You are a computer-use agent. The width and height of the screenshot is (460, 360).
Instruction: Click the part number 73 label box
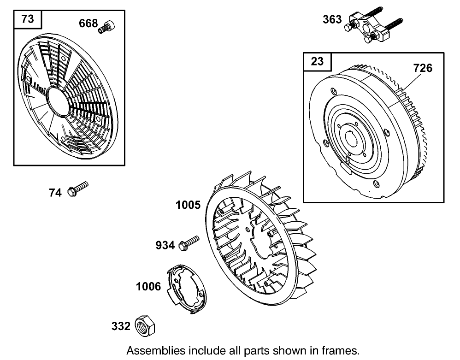pos(28,19)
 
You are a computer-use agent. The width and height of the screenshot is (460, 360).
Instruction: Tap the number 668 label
pos(88,23)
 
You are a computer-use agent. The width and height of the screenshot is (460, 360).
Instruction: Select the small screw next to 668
pos(106,26)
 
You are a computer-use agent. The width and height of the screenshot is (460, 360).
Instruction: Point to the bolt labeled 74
pos(78,189)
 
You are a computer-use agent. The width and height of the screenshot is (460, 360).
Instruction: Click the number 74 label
pos(55,193)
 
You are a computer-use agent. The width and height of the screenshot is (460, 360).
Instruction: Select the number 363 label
pos(332,19)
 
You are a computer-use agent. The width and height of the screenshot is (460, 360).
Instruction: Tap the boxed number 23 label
pos(318,61)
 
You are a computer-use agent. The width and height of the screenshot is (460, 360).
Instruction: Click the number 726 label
pos(423,68)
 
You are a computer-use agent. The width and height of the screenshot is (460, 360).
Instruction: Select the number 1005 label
pos(188,205)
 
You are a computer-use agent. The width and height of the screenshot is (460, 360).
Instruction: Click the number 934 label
pos(165,246)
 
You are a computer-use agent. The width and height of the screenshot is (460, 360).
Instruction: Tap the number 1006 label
pos(148,287)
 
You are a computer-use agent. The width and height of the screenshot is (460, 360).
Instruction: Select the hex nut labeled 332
pos(145,325)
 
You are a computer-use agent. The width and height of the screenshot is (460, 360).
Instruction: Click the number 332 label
pos(121,326)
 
